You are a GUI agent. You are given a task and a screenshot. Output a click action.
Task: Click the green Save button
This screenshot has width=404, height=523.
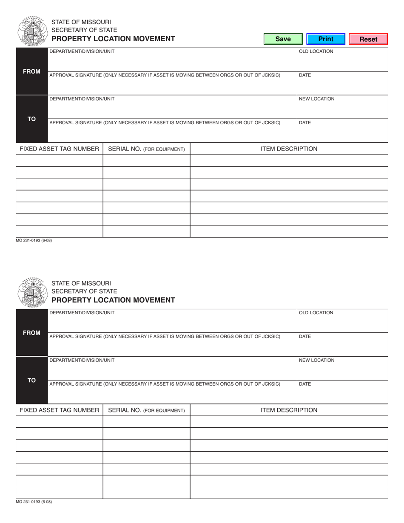(x=283, y=39)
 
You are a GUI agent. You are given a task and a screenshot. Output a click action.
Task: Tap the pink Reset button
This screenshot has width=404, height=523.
(x=368, y=39)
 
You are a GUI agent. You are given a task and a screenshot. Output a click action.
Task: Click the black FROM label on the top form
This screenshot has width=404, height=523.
(x=32, y=71)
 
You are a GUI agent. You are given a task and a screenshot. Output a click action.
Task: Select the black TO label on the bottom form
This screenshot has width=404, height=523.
(x=32, y=380)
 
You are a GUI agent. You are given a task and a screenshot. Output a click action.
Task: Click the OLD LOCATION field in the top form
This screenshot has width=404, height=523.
(x=342, y=62)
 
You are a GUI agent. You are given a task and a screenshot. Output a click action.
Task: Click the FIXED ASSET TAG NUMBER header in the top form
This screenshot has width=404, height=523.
(x=60, y=149)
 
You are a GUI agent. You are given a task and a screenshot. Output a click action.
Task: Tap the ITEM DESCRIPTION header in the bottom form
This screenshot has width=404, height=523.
(x=289, y=410)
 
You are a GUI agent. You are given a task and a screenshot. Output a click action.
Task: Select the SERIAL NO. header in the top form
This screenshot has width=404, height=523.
(x=146, y=149)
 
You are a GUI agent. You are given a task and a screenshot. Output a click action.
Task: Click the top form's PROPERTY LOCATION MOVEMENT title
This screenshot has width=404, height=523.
(x=113, y=39)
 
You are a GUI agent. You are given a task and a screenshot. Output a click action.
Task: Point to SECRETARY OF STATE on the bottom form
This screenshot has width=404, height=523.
(x=84, y=291)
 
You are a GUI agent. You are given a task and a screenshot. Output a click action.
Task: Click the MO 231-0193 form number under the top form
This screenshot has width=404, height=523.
(x=34, y=241)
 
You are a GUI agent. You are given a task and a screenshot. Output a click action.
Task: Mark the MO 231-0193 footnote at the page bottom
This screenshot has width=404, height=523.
(x=34, y=502)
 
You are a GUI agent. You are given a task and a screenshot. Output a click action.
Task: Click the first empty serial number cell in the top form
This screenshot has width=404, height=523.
(x=146, y=160)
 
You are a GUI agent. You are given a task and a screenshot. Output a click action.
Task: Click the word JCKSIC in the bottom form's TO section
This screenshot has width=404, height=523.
(x=270, y=384)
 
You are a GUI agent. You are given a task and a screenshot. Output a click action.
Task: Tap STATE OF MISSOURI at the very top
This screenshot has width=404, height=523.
(x=81, y=22)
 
